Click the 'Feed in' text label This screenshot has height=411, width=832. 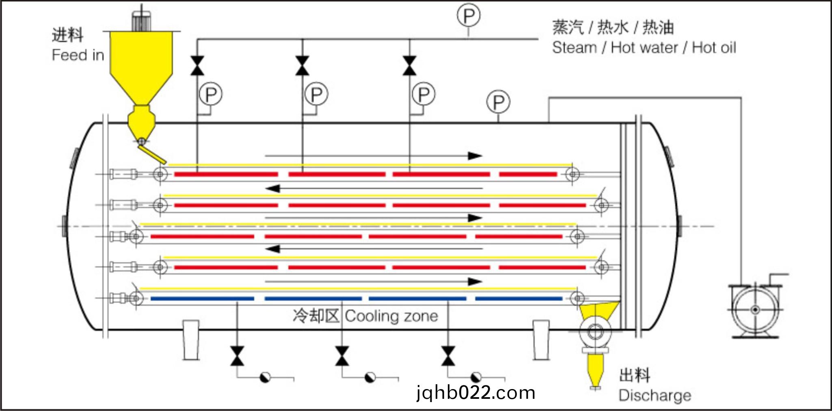point(78,55)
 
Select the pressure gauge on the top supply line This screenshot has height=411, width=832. point(469,16)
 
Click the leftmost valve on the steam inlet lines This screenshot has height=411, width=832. point(197,66)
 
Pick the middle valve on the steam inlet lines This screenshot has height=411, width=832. point(302,66)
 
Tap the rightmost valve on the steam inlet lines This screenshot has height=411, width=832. point(409,66)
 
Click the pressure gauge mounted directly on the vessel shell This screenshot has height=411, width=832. point(498,102)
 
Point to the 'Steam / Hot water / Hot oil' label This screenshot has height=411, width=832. point(644,48)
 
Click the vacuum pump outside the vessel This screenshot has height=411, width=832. point(755,309)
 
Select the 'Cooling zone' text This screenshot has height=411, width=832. point(391,316)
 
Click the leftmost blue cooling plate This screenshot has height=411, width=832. point(202,299)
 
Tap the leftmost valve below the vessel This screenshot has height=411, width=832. point(237,356)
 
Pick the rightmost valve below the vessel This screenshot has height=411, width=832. point(448,356)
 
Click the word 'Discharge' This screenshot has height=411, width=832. point(655,395)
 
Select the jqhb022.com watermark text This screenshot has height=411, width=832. point(475,393)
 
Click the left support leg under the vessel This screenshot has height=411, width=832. point(190,340)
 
